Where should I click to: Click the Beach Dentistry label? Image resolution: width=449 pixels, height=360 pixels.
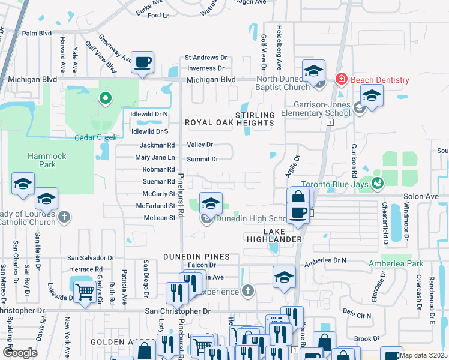(380, 80)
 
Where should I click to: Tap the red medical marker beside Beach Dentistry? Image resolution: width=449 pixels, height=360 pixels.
(341, 79)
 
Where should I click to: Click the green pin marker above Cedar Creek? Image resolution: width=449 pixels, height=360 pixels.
(106, 98)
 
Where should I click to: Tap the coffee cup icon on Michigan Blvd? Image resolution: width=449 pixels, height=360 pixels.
(143, 62)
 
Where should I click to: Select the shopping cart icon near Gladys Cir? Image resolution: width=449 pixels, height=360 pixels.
(85, 292)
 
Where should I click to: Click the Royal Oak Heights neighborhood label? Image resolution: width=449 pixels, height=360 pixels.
(229, 122)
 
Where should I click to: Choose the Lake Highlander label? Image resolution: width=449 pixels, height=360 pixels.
(274, 235)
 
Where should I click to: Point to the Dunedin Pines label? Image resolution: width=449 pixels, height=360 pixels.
(191, 256)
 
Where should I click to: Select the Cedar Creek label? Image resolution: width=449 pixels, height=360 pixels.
(95, 137)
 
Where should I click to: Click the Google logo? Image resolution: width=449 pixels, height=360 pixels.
(20, 353)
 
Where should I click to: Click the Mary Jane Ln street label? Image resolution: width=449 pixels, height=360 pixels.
(155, 157)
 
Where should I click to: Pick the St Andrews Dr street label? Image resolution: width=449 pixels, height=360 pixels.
(208, 58)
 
